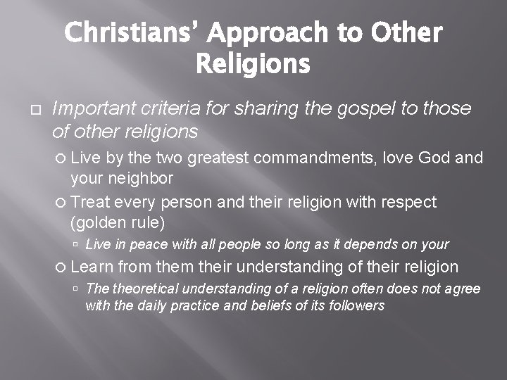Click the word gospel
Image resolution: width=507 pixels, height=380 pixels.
pos(339,108)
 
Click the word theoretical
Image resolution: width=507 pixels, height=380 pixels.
pos(142,289)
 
